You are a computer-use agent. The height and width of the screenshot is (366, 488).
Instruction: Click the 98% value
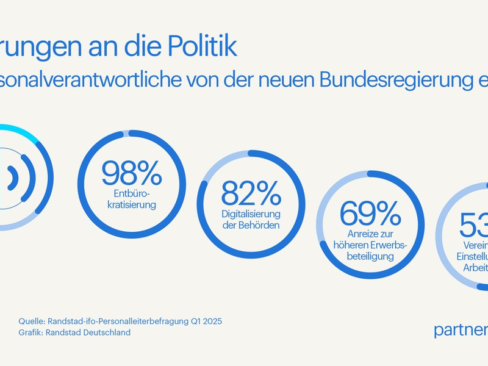[131, 173]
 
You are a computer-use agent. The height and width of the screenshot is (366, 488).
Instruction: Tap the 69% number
[370, 213]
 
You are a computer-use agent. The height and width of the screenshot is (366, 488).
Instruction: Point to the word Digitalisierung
[250, 214]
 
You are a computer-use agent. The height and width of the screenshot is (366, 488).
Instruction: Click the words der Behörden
[250, 226]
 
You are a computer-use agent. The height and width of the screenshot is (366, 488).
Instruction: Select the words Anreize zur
[369, 234]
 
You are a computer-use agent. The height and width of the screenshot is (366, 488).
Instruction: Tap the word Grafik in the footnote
[30, 332]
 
